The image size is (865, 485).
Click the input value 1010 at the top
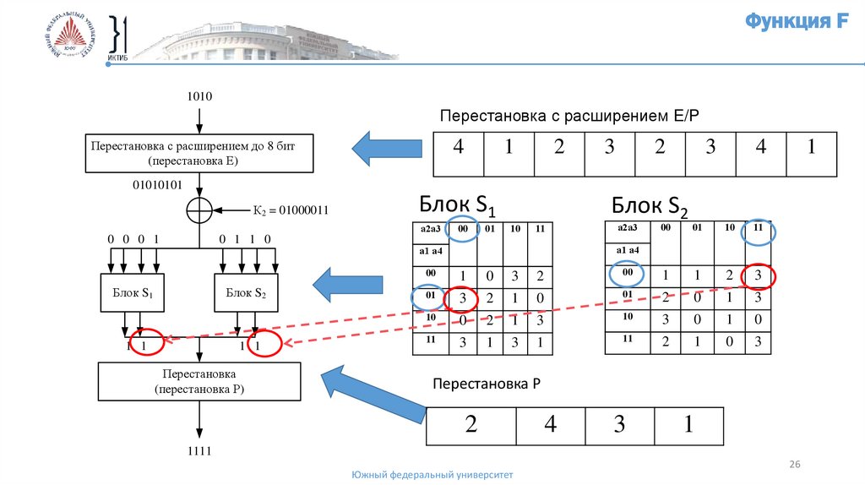pyautogui.click(x=199, y=96)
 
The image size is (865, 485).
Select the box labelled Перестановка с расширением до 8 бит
pyautogui.click(x=199, y=152)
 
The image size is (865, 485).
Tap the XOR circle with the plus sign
pyautogui.click(x=199, y=210)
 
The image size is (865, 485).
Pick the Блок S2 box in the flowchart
pyautogui.click(x=246, y=293)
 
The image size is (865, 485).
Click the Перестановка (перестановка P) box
pyautogui.click(x=199, y=381)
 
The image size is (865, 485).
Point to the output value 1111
pyautogui.click(x=199, y=452)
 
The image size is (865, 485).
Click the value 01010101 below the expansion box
pyautogui.click(x=157, y=184)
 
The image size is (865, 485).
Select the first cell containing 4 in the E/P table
pyautogui.click(x=459, y=148)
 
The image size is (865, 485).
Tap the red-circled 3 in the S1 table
pyautogui.click(x=461, y=300)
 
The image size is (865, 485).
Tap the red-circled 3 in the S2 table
pyautogui.click(x=758, y=275)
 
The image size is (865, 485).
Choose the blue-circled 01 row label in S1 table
pyautogui.click(x=431, y=297)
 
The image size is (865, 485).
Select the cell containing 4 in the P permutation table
pyautogui.click(x=550, y=425)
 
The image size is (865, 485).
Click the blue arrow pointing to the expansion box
pyautogui.click(x=387, y=149)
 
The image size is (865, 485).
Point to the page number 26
pyautogui.click(x=794, y=465)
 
